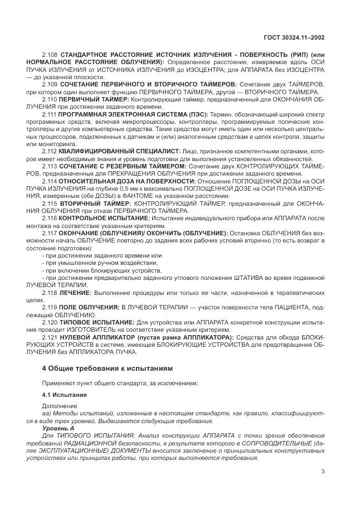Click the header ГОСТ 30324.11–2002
[x=294, y=38]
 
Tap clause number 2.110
[x=50, y=97]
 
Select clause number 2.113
[x=50, y=166]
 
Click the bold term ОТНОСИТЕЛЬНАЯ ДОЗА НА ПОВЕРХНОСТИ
[x=127, y=181]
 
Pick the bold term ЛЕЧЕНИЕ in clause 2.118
[x=75, y=292]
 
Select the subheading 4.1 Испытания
[x=65, y=395]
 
